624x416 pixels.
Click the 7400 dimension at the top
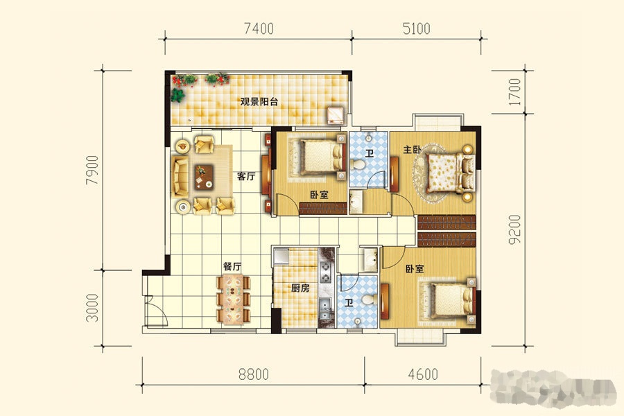tap(259, 28)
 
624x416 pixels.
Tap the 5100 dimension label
tap(416, 28)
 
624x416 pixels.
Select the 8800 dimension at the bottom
tap(254, 374)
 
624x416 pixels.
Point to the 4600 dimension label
tap(423, 374)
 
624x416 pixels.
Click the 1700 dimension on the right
tap(514, 92)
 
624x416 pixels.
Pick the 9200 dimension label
tap(514, 229)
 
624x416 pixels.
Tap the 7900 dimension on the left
tap(92, 170)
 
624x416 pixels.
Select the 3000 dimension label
tap(92, 308)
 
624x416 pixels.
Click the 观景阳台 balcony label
tap(259, 101)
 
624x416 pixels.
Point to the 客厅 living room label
tap(246, 176)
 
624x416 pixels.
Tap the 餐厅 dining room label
tap(232, 266)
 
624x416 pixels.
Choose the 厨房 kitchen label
tap(300, 288)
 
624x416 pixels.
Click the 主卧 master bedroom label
tap(413, 150)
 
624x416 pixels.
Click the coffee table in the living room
tap(204, 177)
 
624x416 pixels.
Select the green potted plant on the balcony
tap(177, 95)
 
